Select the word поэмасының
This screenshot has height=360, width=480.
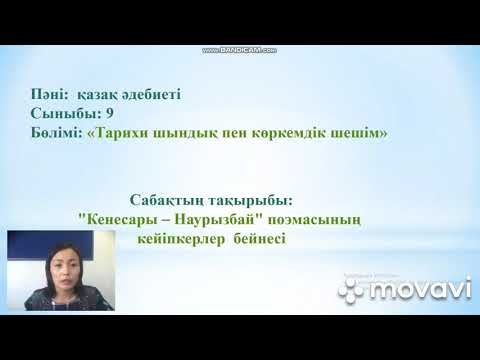point(312,221)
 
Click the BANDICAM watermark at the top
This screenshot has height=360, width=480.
point(239,49)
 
